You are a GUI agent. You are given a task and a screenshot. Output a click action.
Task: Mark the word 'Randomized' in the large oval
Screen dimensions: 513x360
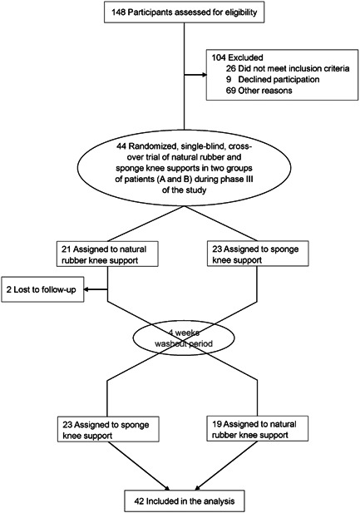coord(142,147)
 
